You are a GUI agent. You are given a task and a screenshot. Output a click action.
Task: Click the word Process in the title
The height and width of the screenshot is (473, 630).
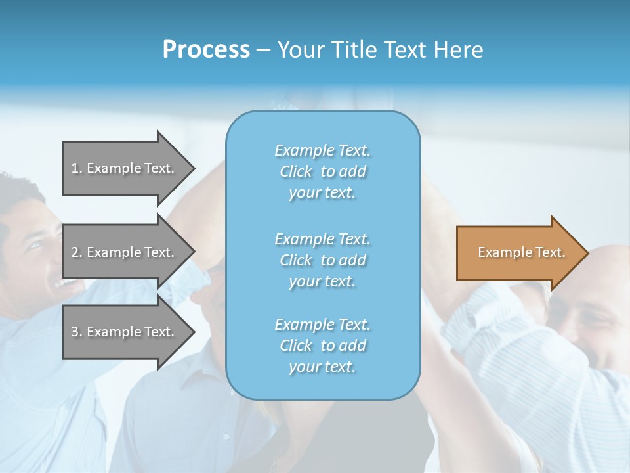click(206, 50)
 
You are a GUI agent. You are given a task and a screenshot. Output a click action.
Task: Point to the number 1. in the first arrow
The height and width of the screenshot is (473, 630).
click(77, 168)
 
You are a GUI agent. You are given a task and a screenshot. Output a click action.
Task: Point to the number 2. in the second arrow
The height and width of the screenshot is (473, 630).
click(77, 252)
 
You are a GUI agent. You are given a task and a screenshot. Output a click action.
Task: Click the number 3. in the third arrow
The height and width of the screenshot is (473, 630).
click(77, 332)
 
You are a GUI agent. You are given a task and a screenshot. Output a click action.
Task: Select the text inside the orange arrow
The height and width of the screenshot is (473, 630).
click(521, 252)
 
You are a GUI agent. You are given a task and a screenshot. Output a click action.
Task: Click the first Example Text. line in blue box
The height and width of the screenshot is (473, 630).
click(322, 150)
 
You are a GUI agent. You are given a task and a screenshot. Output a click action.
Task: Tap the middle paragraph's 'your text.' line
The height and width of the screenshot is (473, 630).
click(322, 281)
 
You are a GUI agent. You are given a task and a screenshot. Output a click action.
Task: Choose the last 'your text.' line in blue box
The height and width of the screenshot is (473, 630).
click(322, 367)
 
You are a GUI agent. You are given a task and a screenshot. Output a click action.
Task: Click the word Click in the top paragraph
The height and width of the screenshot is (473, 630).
click(296, 171)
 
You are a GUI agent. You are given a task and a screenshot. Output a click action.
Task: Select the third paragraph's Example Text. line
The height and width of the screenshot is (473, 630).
click(322, 325)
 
